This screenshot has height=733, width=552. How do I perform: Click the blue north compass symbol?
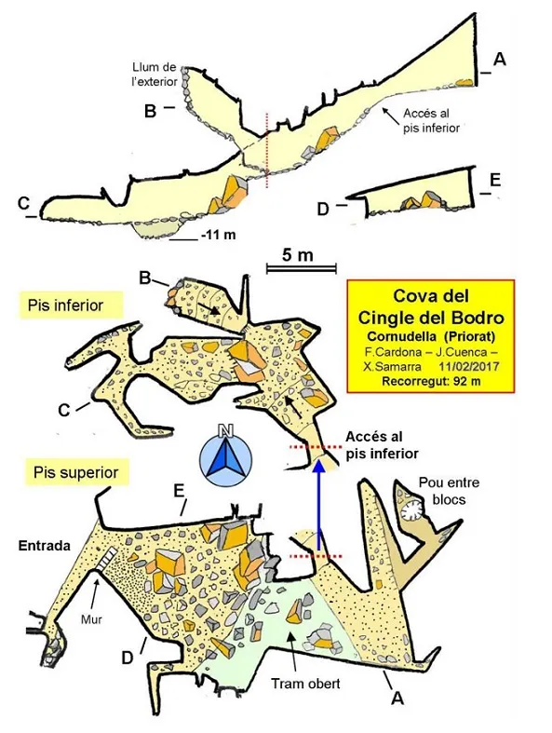(226, 455)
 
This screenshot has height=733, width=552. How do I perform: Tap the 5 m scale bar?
(302, 268)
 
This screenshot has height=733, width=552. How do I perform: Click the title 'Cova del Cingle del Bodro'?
(431, 306)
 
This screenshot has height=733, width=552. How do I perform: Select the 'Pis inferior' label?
(65, 305)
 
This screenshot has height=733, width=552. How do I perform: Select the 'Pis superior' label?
(75, 472)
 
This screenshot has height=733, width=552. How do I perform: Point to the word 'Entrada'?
(45, 546)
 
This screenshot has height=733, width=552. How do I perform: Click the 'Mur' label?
(91, 619)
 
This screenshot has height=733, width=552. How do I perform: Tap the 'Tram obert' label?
(305, 684)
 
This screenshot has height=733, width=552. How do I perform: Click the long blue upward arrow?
(318, 504)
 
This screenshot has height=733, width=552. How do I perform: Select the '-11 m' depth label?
(218, 235)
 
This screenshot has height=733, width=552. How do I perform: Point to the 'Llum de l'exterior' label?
(155, 75)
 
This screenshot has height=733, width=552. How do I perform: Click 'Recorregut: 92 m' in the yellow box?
(431, 381)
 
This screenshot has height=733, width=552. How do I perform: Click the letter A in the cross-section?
(500, 60)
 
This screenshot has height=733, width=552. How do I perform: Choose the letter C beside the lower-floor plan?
(63, 410)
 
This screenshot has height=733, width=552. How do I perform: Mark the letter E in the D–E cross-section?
(495, 180)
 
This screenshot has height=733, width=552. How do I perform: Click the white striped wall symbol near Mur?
(105, 559)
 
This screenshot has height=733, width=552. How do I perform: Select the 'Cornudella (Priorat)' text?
(431, 336)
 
